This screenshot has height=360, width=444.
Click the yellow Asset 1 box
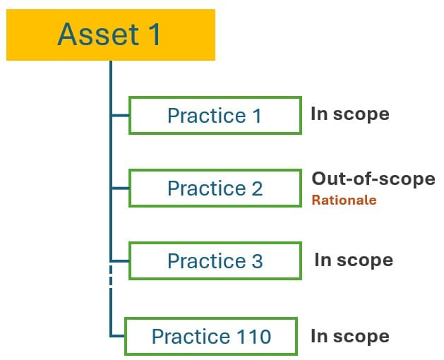point(110,35)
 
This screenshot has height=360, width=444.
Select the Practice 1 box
point(214,115)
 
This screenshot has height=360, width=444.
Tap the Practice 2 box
point(214,188)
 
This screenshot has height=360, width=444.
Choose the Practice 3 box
point(214,260)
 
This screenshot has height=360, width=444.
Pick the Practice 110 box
point(211,336)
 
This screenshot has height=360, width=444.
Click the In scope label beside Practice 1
point(350,114)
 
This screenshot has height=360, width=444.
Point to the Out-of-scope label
point(373,179)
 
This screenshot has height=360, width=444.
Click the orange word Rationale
point(344,200)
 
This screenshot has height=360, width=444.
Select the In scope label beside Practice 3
point(354,259)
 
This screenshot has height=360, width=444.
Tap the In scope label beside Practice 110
point(350,336)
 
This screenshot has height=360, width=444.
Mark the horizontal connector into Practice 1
point(119,115)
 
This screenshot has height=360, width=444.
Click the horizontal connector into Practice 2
point(119,188)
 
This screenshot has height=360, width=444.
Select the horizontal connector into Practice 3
point(119,260)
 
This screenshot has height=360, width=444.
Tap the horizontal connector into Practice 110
point(117,336)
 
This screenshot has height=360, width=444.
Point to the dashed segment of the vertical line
point(111,279)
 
